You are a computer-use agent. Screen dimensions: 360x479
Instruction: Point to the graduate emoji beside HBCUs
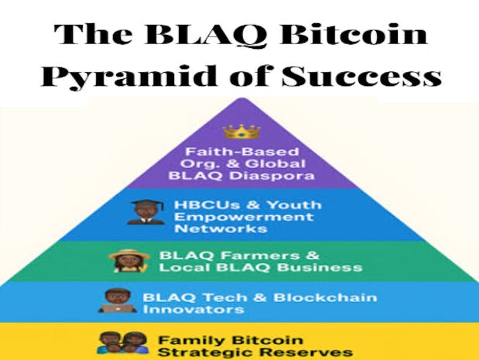pyautogui.click(x=145, y=212)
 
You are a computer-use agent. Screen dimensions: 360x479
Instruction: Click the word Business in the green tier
pyautogui.click(x=327, y=268)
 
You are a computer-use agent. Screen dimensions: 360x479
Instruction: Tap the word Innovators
pyautogui.click(x=183, y=310)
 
